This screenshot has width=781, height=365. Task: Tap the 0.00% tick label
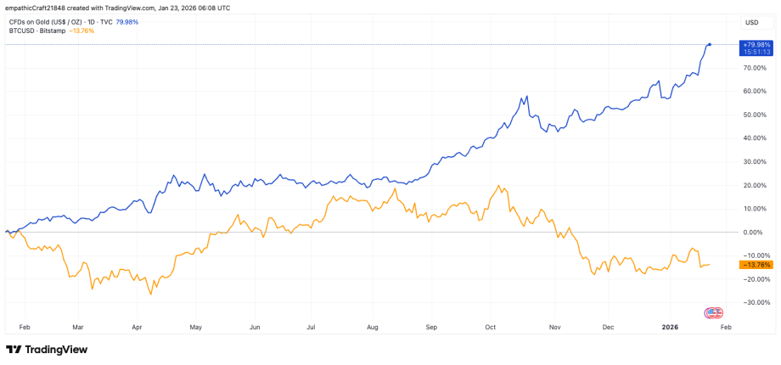click(753, 232)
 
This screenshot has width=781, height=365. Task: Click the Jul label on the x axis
click(311, 325)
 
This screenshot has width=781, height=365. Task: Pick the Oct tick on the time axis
click(490, 325)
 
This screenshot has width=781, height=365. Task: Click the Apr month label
click(136, 325)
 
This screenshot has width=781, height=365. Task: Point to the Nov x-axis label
click(555, 325)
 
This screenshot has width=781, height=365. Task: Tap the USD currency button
click(752, 22)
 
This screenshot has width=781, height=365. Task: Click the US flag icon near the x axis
click(714, 312)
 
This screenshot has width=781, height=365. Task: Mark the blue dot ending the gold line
click(710, 44)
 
